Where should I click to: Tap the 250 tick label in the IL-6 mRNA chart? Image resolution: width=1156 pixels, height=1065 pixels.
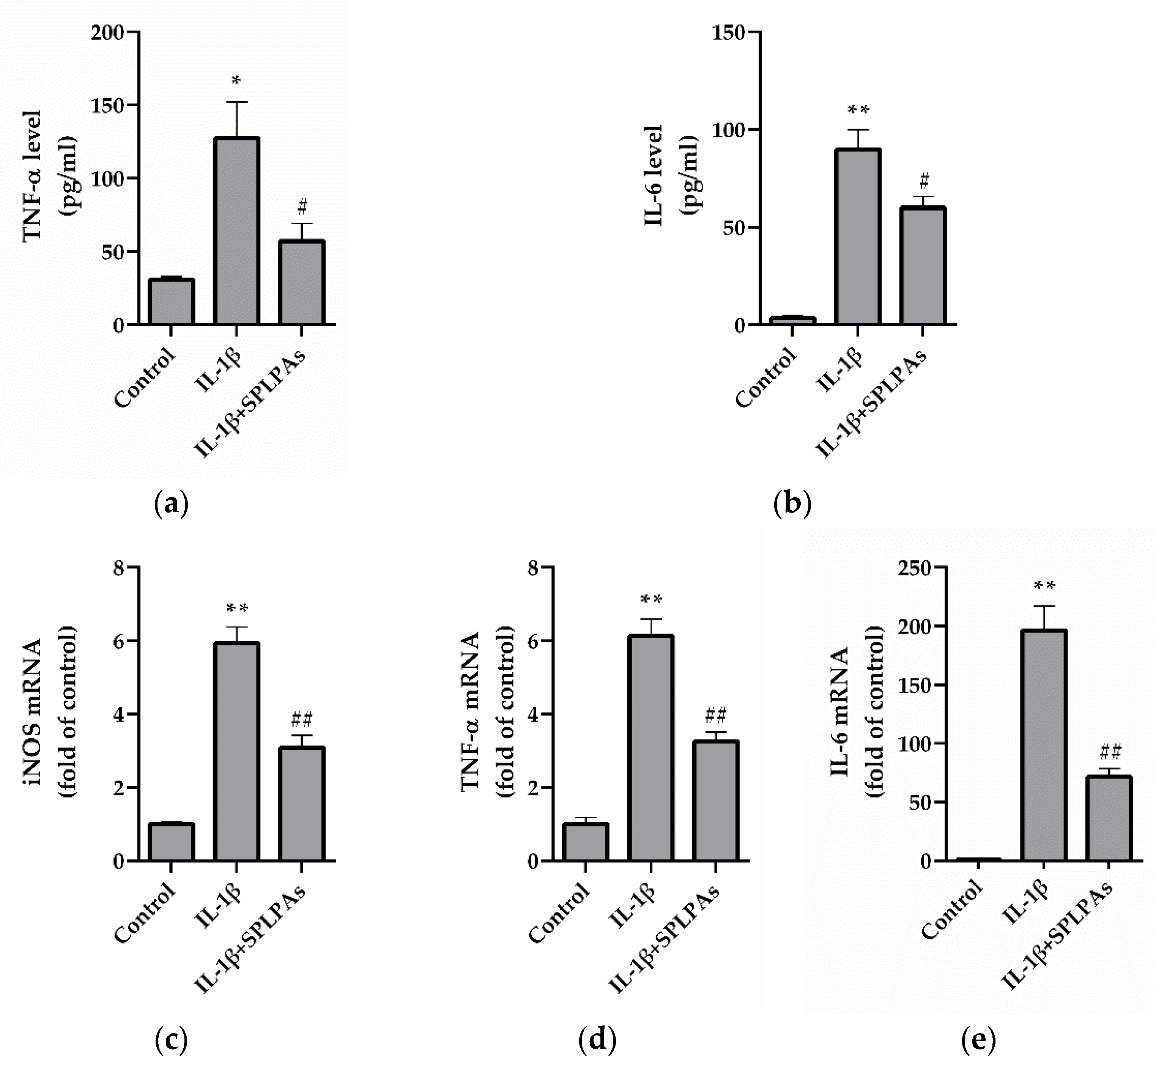915,569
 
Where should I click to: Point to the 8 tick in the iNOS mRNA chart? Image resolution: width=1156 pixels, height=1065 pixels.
119,569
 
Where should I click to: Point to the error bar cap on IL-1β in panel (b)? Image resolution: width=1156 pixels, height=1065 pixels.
857,130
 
